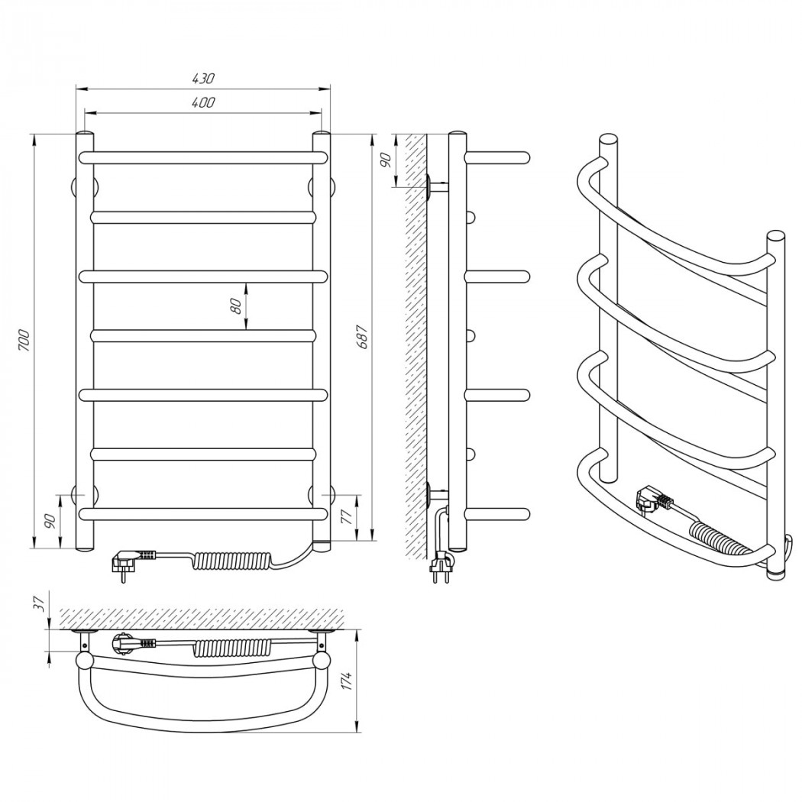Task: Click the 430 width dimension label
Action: [204, 79]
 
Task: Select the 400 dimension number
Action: [204, 103]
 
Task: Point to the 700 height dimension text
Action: [24, 341]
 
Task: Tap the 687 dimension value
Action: [362, 337]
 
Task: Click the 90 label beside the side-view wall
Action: [386, 160]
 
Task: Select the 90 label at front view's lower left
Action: [50, 521]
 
